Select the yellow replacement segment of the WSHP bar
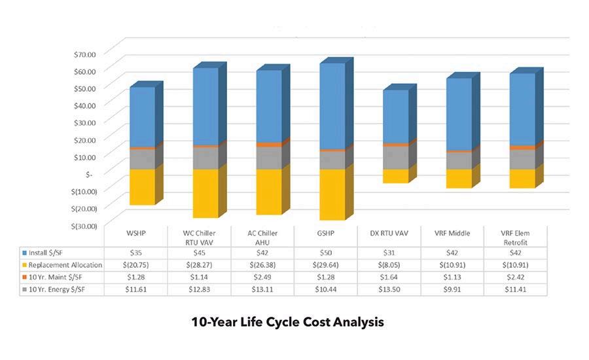(x=141, y=187)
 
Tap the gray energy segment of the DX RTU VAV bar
(x=395, y=157)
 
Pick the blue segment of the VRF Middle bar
(x=459, y=114)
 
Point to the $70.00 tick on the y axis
(x=82, y=53)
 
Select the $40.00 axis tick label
(x=82, y=105)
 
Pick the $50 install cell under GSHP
(x=327, y=252)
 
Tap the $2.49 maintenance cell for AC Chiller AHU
(x=263, y=278)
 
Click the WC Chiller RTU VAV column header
(x=200, y=236)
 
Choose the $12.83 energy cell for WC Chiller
(x=200, y=290)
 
